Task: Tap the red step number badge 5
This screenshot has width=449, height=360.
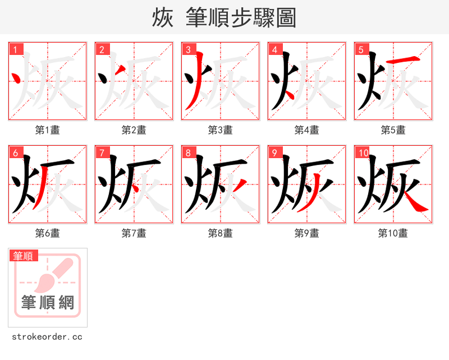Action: (361, 49)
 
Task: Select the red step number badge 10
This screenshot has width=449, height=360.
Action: (363, 153)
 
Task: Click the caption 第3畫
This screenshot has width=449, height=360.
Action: (220, 130)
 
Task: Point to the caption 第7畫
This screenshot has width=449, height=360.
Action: (134, 233)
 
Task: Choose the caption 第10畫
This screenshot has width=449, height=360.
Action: (393, 233)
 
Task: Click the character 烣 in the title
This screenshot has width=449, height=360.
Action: (162, 18)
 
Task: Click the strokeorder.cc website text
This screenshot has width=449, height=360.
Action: (47, 337)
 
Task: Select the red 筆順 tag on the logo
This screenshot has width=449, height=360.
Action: (24, 256)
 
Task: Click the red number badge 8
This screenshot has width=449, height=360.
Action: (189, 153)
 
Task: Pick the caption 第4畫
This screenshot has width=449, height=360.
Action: (306, 130)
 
